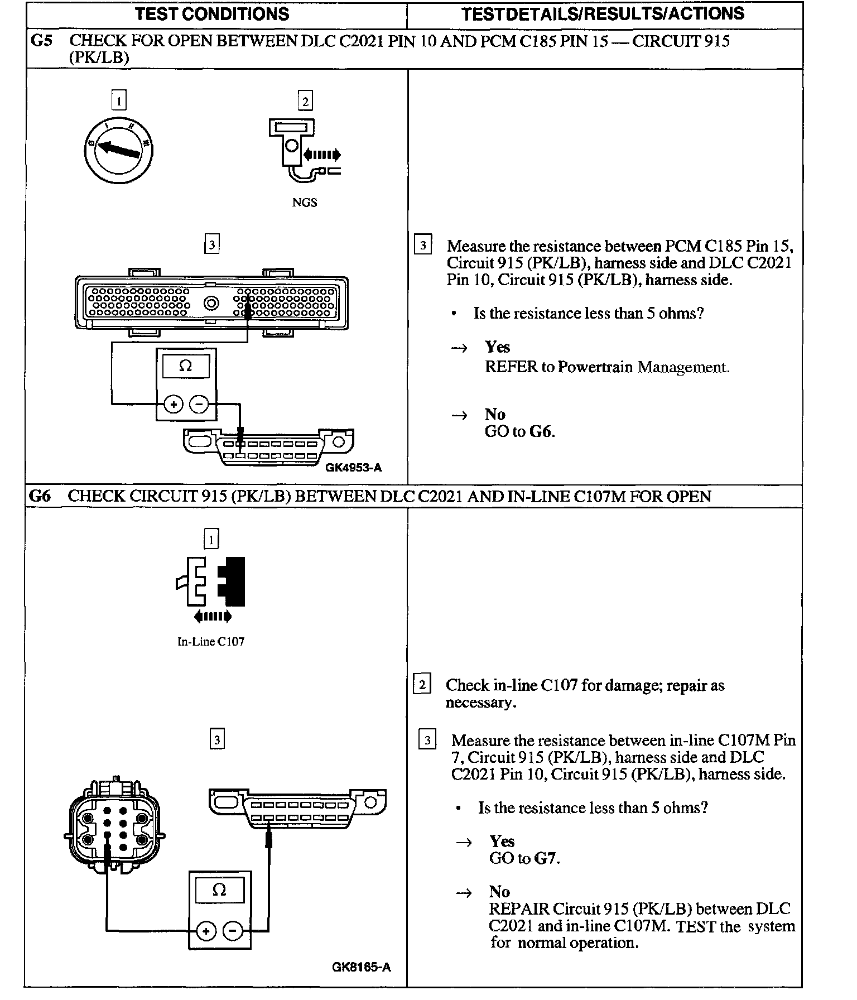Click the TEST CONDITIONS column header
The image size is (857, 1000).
click(x=212, y=14)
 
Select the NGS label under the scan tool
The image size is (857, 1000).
click(x=304, y=203)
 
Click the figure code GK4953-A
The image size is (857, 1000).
click(x=354, y=468)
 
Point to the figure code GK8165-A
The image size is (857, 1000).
click(x=361, y=967)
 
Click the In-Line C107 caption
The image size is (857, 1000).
click(x=210, y=642)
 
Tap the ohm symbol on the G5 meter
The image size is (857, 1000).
click(x=186, y=366)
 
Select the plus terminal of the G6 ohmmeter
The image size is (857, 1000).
click(x=206, y=931)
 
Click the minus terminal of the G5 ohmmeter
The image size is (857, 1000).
click(x=199, y=403)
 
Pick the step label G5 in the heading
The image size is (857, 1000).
click(x=41, y=41)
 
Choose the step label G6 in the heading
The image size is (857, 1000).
click(x=39, y=496)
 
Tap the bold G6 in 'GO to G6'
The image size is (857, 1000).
click(x=541, y=431)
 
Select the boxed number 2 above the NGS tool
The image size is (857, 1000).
click(x=305, y=101)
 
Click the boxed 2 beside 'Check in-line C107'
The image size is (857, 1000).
click(x=422, y=684)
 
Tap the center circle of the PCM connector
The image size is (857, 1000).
click(x=211, y=303)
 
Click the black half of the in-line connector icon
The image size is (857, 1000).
click(x=233, y=581)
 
